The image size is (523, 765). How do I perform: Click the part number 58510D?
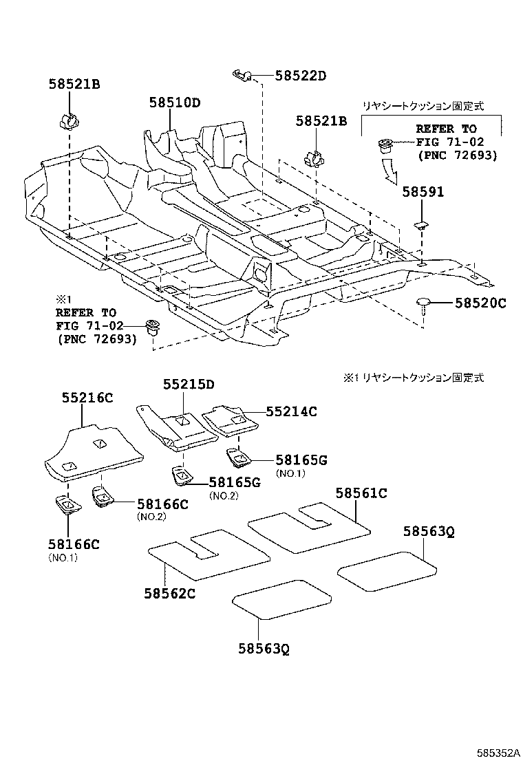coord(175,103)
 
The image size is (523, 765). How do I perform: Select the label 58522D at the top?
coord(300,76)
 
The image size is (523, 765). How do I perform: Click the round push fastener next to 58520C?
coord(423,304)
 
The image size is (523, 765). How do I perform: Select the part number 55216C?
coord(87,398)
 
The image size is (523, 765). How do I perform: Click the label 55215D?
coord(189,385)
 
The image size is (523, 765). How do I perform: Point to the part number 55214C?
coord(291,411)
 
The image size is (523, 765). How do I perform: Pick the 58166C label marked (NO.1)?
coord(74,544)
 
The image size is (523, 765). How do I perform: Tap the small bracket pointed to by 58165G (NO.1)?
coord(238,456)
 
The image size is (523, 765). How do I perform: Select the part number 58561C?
coord(361,493)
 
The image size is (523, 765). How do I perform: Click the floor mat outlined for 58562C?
coord(206,554)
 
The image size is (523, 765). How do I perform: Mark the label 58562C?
coord(169,593)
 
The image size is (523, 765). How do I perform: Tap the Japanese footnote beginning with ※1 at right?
coord(413,378)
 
